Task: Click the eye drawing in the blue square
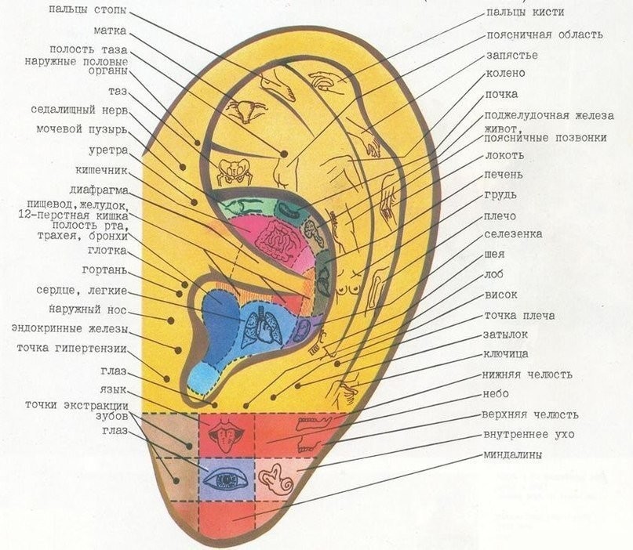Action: pyautogui.click(x=227, y=476)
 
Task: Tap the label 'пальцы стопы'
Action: pyautogui.click(x=85, y=9)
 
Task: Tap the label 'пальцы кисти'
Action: pyautogui.click(x=524, y=13)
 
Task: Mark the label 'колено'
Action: pyautogui.click(x=505, y=74)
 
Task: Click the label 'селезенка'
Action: pyautogui.click(x=513, y=234)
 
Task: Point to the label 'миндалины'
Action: pyautogui.click(x=515, y=454)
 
